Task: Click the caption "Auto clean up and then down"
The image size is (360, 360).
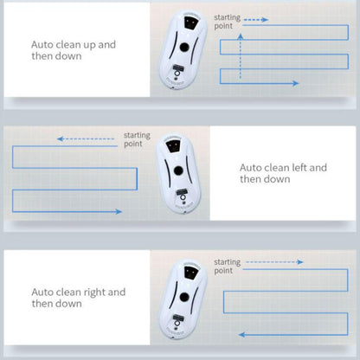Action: [x=74, y=50]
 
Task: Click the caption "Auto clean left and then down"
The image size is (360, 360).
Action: [x=283, y=173]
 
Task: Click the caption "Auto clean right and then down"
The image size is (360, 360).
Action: [x=79, y=298]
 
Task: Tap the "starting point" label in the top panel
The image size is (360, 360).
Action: [x=227, y=22]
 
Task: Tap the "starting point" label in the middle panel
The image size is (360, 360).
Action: [x=137, y=139]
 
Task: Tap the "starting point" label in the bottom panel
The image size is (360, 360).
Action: [x=227, y=267]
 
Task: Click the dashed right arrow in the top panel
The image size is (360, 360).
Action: [x=256, y=20]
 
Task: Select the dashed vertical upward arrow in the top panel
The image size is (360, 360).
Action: [x=241, y=56]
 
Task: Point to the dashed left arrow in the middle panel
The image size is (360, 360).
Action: [x=86, y=139]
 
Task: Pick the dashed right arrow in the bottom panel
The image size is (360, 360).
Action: [x=274, y=262]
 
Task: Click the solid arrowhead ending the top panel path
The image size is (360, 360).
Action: [x=295, y=83]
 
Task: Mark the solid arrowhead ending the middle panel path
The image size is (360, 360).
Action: [x=119, y=212]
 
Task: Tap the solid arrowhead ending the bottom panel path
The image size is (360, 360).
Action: [x=241, y=335]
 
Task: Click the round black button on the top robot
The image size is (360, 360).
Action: [x=184, y=47]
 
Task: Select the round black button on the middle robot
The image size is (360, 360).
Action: [x=178, y=170]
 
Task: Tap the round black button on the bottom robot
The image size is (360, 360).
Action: [x=184, y=297]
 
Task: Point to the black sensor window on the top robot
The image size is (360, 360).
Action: [x=191, y=22]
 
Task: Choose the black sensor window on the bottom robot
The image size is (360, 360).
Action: [x=191, y=273]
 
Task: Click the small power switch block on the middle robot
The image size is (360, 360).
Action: [x=182, y=191]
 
